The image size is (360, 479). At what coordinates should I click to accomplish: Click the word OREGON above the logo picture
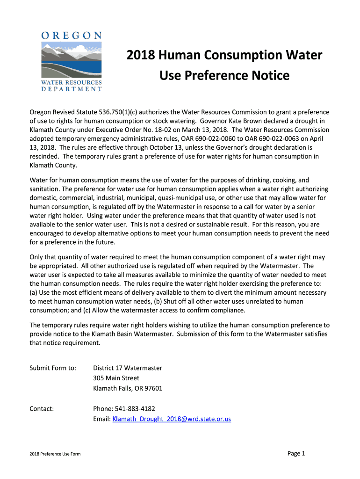pos(72,35)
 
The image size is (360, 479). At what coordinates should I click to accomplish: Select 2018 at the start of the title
pos(141,55)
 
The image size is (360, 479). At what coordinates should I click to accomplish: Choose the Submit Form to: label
pos(53,368)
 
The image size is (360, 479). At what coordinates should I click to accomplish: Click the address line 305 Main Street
pos(116,378)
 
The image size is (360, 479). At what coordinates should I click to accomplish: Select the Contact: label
pos(42,409)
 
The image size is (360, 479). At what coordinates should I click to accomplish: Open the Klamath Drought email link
pos(172,419)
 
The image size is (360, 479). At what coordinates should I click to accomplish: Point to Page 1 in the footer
pos(296,453)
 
